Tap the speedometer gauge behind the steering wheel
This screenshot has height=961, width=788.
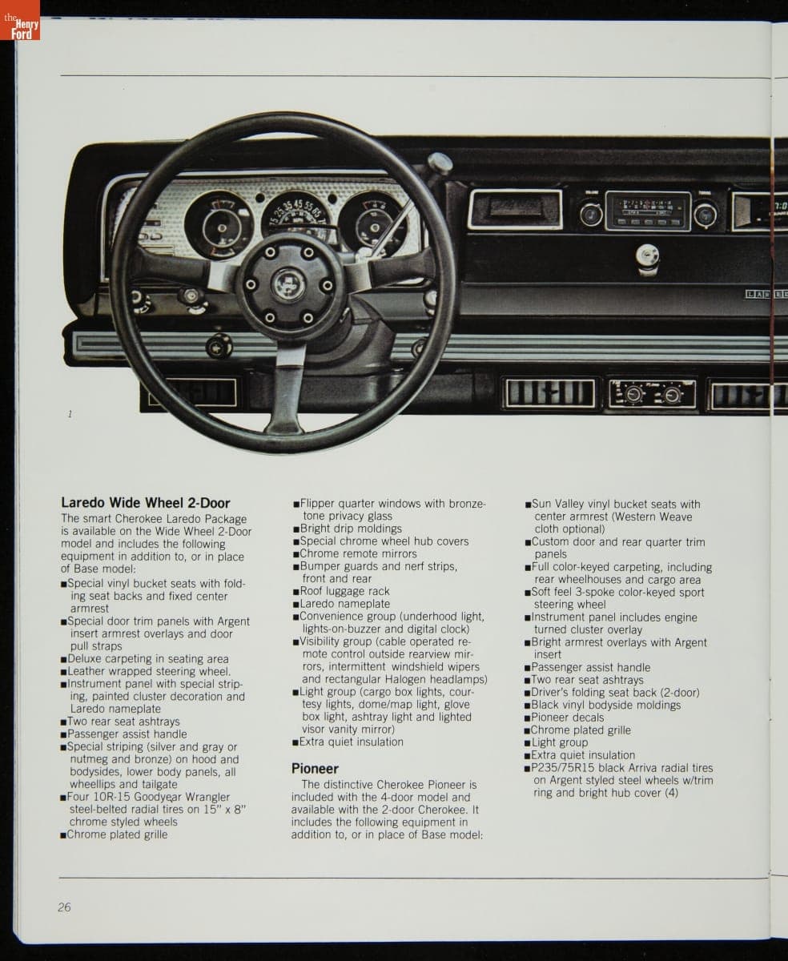[294, 215]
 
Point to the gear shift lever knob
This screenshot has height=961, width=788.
[439, 164]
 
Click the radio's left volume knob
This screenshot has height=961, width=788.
[591, 214]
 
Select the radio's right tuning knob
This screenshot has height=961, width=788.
[706, 214]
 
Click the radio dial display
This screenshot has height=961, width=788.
[648, 211]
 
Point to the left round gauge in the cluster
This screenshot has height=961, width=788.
[219, 225]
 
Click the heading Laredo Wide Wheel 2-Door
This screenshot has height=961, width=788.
[145, 503]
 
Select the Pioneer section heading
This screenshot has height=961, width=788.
[315, 769]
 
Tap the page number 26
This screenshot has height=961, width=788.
[64, 907]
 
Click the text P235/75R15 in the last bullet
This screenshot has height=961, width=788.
[563, 767]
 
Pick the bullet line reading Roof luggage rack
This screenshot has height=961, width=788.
[344, 591]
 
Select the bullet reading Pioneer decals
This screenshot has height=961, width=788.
[568, 717]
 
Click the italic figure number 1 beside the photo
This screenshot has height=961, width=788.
[70, 414]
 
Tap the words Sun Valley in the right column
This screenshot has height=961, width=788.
[558, 504]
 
